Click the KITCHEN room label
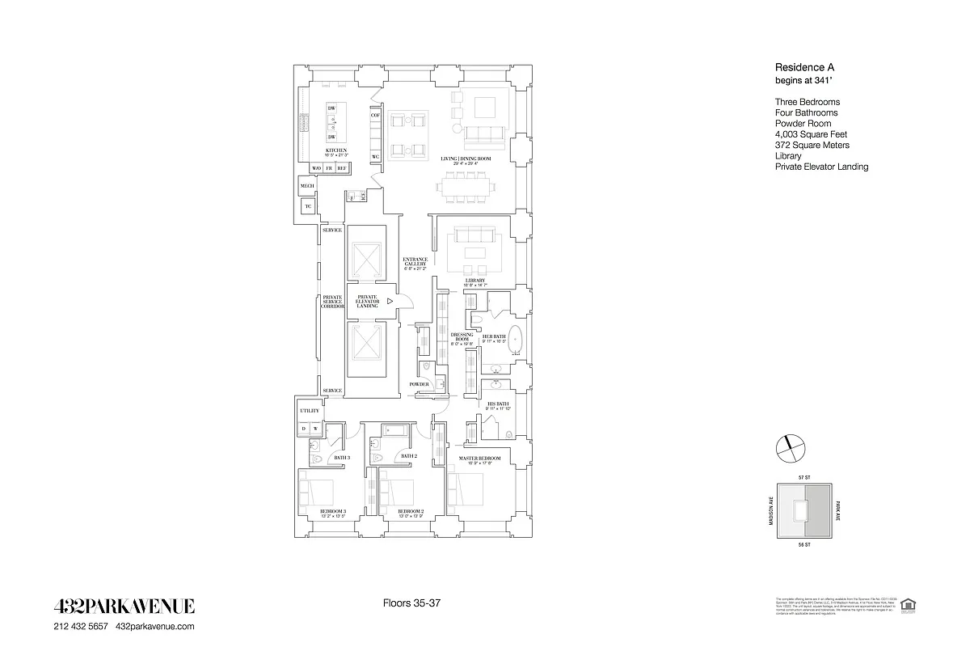[x=336, y=150]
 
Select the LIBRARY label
[x=475, y=281]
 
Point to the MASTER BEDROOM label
[x=480, y=459]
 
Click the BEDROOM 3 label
[x=333, y=512]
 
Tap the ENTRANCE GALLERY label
[x=415, y=263]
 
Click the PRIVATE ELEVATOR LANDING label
[x=366, y=301]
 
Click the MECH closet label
[x=307, y=186]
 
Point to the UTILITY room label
[x=310, y=411]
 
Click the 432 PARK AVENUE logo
[x=124, y=607]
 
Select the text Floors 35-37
[x=411, y=603]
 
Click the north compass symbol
[x=791, y=445]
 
